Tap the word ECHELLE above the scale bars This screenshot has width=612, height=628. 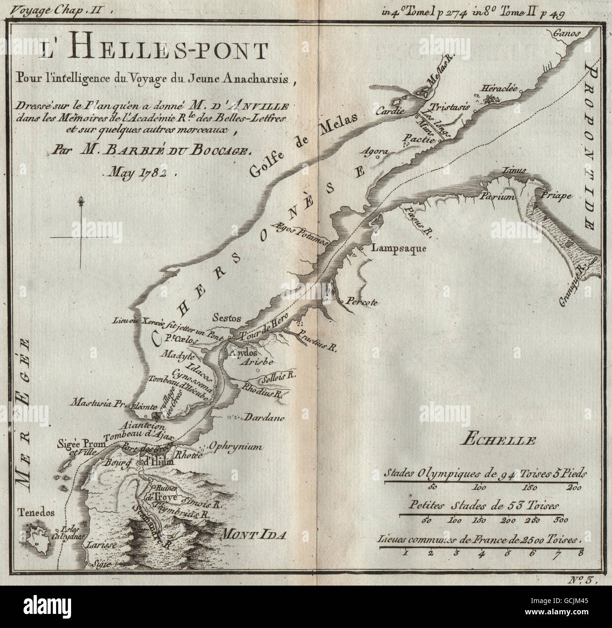(499, 441)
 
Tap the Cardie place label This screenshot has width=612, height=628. (393, 111)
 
